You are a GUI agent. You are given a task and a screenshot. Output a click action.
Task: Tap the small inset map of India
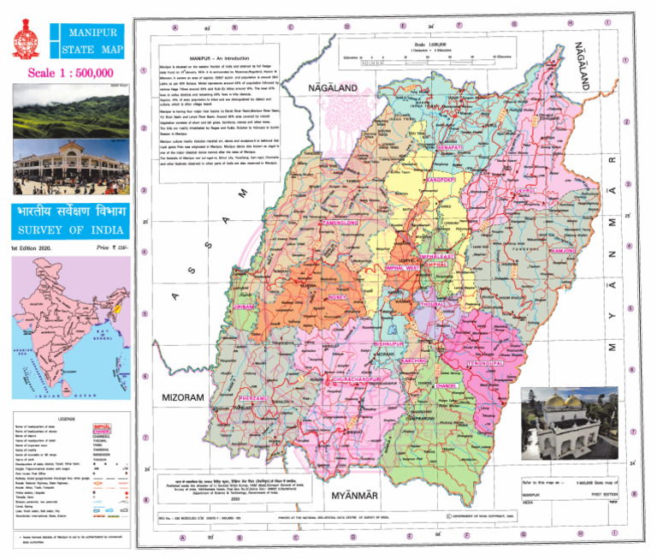pos(68,330)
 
